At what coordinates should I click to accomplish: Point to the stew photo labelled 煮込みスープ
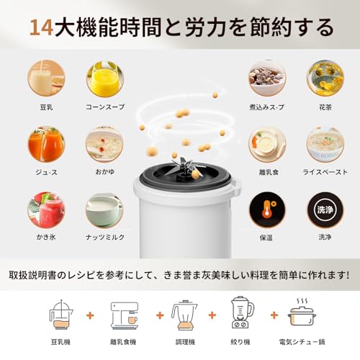[266, 78]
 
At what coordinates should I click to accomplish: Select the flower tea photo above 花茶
[325, 78]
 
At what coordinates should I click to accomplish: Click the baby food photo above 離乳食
[266, 144]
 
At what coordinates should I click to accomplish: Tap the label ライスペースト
[325, 172]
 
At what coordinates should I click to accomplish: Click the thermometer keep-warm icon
[266, 210]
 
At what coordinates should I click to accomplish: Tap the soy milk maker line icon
[61, 313]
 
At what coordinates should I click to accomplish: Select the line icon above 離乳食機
[123, 313]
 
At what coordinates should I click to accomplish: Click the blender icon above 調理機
[184, 313]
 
